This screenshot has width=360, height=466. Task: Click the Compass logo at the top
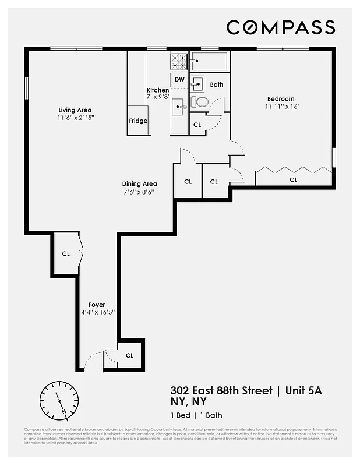pos(280,27)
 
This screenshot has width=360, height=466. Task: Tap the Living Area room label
pos(75,110)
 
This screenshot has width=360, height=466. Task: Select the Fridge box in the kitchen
pos(138,121)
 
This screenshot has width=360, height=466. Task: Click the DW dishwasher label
pos(179,79)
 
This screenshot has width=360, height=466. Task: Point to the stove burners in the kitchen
pos(179,60)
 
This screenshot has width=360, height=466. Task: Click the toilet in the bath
pos(200,103)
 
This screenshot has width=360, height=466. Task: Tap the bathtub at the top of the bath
pos(209,61)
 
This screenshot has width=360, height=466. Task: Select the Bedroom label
pos(281,99)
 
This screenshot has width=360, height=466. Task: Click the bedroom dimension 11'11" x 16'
pos(281,107)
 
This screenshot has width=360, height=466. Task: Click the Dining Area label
pos(139,183)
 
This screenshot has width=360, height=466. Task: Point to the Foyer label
pos(97,305)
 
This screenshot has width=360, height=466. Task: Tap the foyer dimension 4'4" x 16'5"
pos(98,313)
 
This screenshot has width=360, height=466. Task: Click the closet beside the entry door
pos(129,355)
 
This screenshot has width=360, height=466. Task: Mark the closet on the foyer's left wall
pos(66,253)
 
